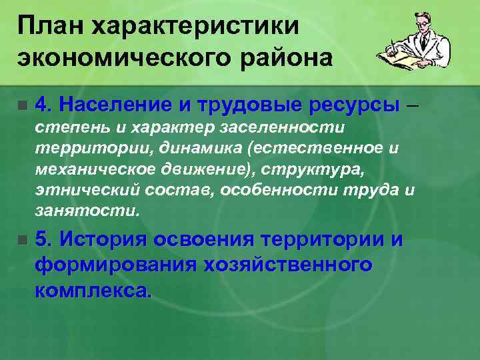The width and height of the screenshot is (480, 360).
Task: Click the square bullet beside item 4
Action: [23, 105]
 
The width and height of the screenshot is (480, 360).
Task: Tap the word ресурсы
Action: [353, 105]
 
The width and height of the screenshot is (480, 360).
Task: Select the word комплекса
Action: [94, 290]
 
